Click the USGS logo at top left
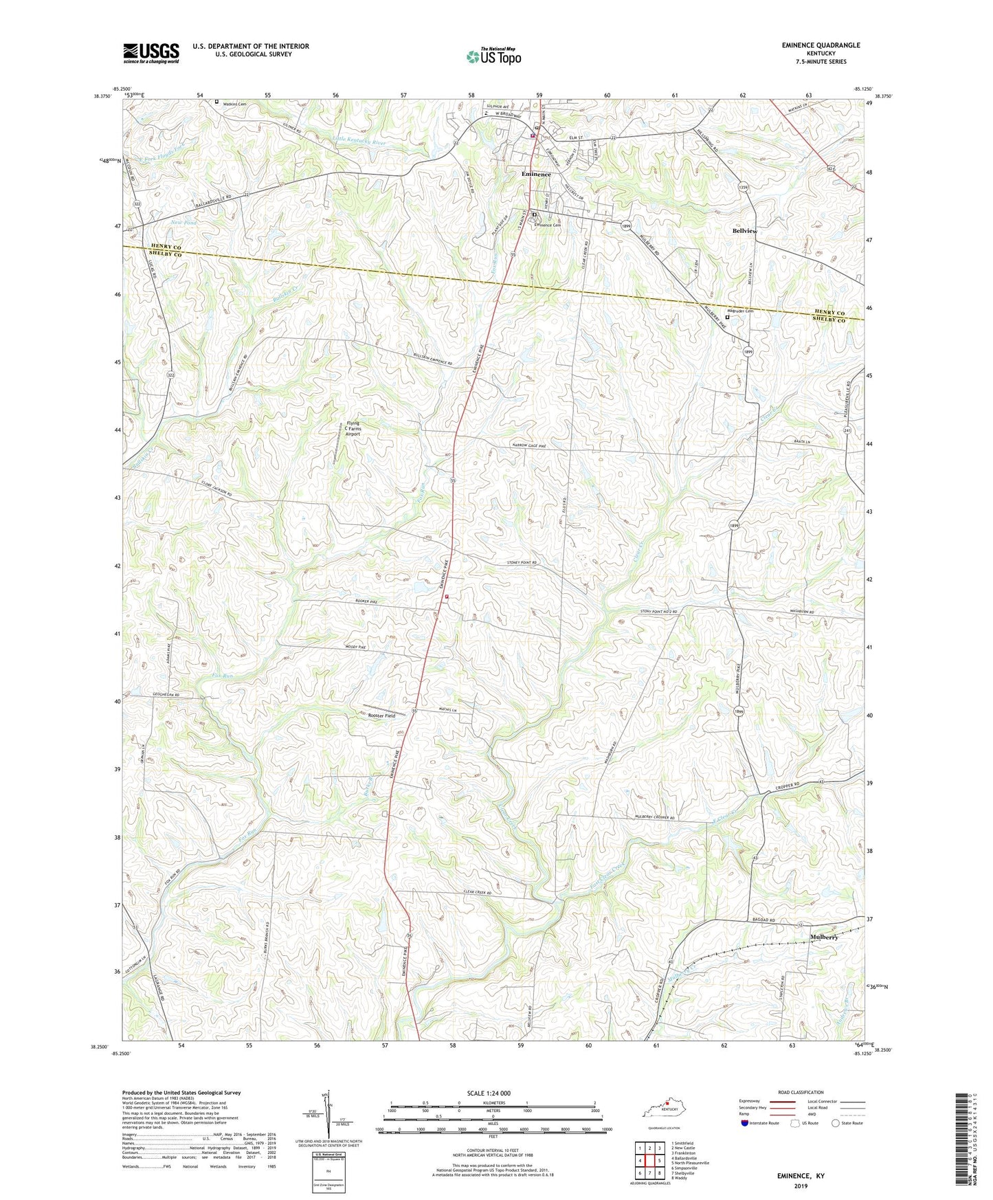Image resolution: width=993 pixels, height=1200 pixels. click(151, 53)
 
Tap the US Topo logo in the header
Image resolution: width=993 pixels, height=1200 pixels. click(493, 56)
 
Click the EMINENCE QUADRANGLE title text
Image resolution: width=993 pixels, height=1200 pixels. click(821, 45)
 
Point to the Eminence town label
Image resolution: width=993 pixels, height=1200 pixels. click(536, 175)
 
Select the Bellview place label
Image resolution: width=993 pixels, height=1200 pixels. click(745, 232)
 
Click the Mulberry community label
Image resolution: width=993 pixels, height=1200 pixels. click(824, 937)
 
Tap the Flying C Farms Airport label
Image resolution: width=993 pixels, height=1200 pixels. click(353, 429)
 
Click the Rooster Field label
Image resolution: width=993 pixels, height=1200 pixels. click(381, 716)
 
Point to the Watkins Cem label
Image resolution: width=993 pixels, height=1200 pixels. click(232, 104)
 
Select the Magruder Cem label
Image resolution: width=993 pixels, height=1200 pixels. click(742, 311)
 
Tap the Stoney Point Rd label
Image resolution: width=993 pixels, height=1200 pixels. click(522, 563)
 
